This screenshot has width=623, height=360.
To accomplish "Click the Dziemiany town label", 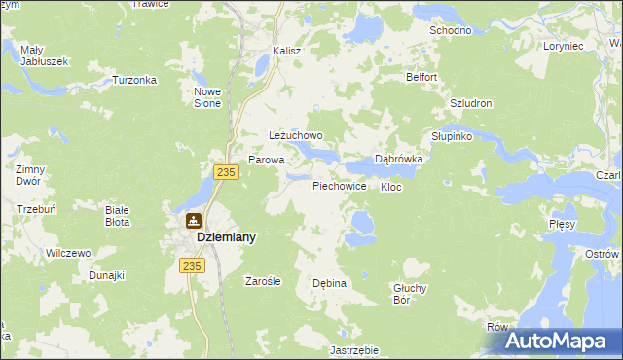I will (x=226, y=236).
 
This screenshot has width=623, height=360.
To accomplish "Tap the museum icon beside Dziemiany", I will (x=194, y=221).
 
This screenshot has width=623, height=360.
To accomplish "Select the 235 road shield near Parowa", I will (x=226, y=172).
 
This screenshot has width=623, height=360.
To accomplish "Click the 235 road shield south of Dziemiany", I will (x=192, y=265).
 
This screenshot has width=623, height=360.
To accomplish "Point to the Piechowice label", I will (x=339, y=185).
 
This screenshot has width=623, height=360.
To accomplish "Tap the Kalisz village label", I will (x=286, y=51).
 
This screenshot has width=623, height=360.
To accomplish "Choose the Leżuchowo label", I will (x=295, y=137).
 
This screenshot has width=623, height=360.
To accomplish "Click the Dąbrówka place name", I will (x=398, y=161).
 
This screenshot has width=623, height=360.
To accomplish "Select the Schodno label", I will (x=451, y=30).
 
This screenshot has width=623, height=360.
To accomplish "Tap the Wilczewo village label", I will (x=68, y=253).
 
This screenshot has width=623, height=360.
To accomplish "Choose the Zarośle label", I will (x=262, y=281).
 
